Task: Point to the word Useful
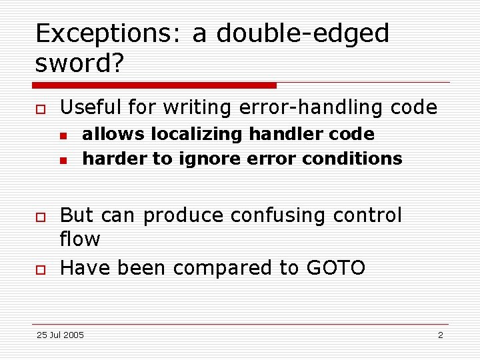[93, 107]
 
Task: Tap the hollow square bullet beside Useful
[40, 108]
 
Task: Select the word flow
[79, 239]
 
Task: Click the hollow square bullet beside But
[40, 217]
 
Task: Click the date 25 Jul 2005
[60, 335]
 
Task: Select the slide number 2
[440, 335]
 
